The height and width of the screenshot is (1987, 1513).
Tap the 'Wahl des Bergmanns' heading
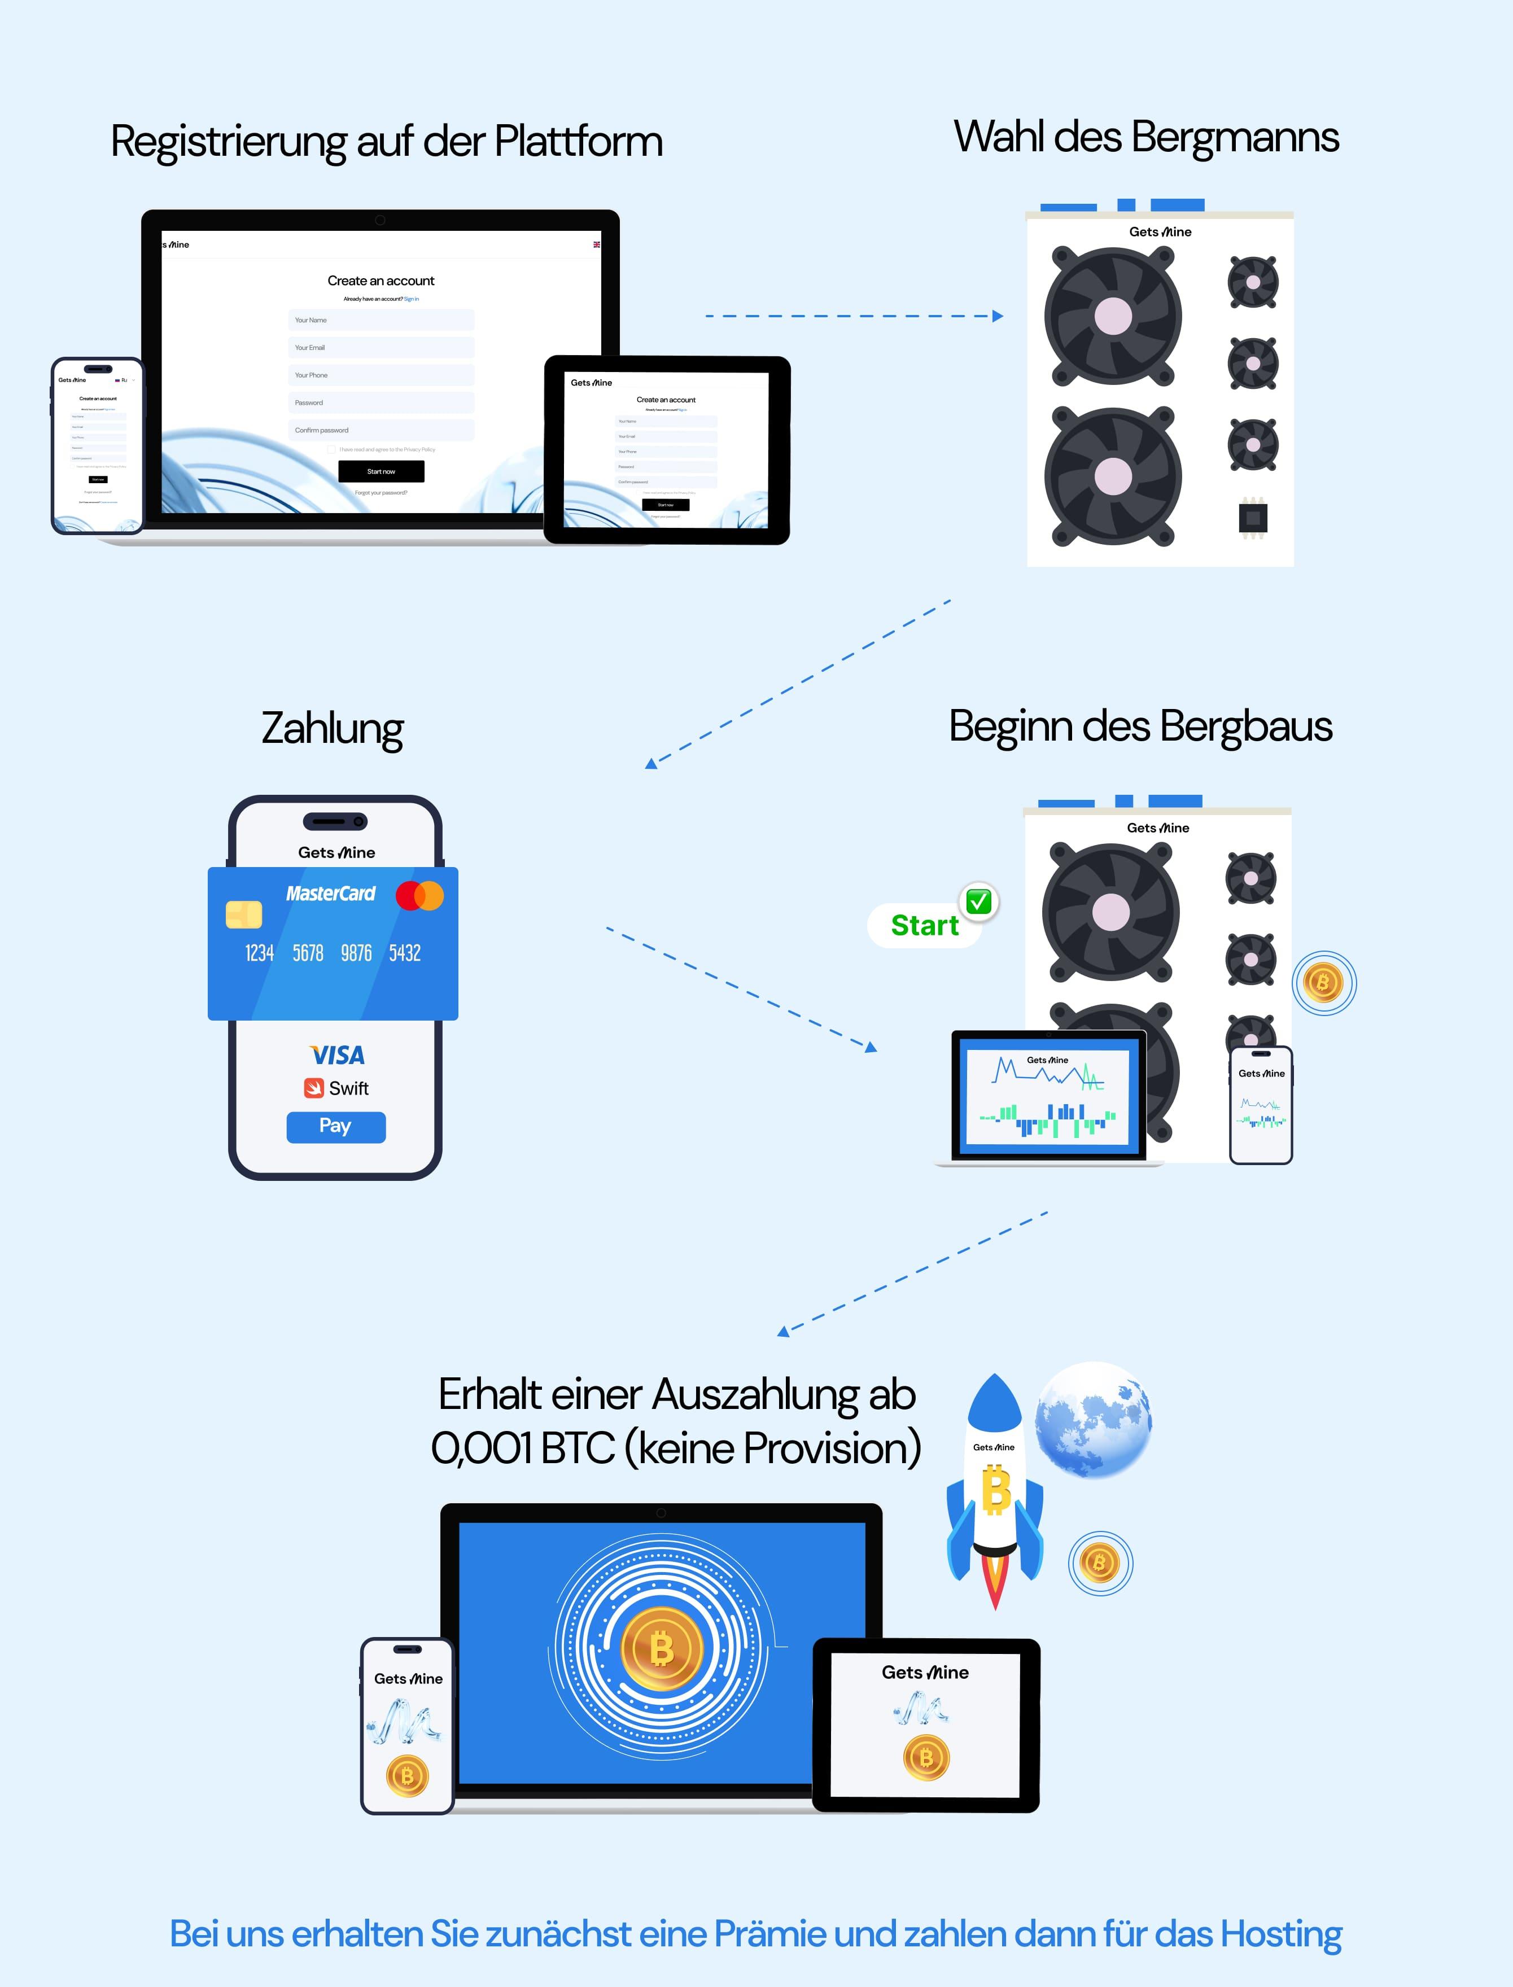pyautogui.click(x=1145, y=138)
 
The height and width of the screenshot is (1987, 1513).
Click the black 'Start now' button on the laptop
pyautogui.click(x=381, y=471)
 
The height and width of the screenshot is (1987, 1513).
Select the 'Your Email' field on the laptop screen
pyautogui.click(x=381, y=348)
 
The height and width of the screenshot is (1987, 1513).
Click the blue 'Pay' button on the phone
pyautogui.click(x=336, y=1126)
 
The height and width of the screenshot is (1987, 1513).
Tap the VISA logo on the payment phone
pyautogui.click(x=337, y=1055)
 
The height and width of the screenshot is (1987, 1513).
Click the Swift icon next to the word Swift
pyautogui.click(x=313, y=1088)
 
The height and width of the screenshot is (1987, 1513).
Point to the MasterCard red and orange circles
pyautogui.click(x=419, y=896)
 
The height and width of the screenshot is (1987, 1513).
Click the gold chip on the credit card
pyautogui.click(x=244, y=914)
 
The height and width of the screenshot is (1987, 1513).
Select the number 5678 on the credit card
pyautogui.click(x=308, y=952)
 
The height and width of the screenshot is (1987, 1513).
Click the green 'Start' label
pyautogui.click(x=924, y=926)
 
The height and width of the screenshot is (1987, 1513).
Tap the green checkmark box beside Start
pyautogui.click(x=979, y=901)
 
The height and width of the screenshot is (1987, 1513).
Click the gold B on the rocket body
pyautogui.click(x=995, y=1490)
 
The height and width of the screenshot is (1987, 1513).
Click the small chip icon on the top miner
pyautogui.click(x=1253, y=518)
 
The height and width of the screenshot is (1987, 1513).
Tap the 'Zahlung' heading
pyautogui.click(x=333, y=728)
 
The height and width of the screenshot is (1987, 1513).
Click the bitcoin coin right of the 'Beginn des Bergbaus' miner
pyautogui.click(x=1323, y=983)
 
